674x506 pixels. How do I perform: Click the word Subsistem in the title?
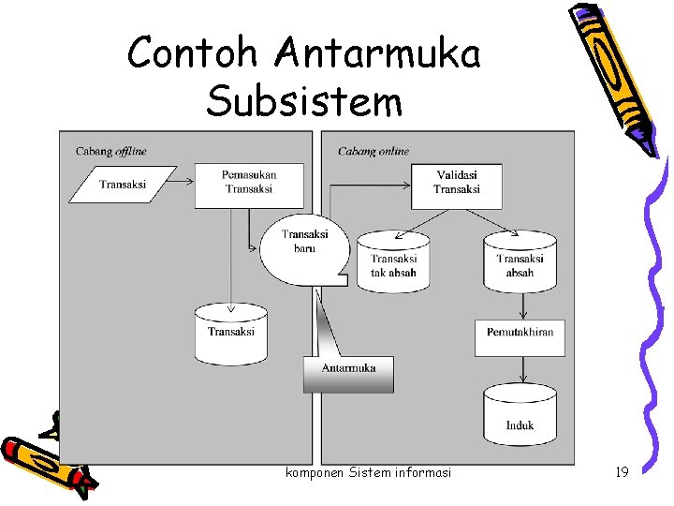(304, 100)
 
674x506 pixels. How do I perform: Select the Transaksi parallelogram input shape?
(123, 185)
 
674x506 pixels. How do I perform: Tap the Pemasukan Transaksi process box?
(249, 182)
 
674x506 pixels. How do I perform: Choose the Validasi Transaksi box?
(457, 183)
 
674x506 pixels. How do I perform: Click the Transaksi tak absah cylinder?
(393, 262)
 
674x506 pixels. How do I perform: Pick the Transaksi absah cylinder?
(520, 262)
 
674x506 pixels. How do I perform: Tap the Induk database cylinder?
(520, 418)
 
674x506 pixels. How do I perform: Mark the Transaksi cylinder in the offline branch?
(230, 334)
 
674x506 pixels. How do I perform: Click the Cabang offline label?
(110, 151)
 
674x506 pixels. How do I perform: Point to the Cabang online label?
(374, 151)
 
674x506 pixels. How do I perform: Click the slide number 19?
(621, 473)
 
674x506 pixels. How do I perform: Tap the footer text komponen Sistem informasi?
(368, 473)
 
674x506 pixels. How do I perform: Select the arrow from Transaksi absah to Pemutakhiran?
(520, 305)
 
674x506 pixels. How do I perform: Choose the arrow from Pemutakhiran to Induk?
(520, 372)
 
